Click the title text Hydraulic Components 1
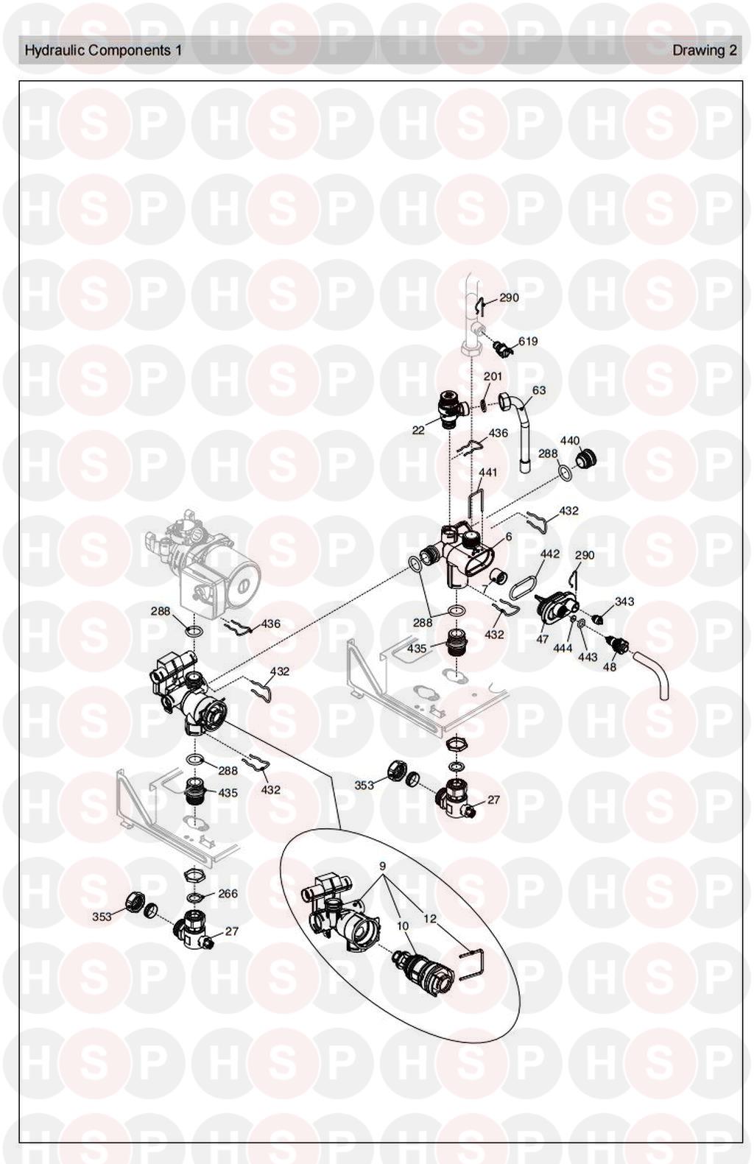[103, 50]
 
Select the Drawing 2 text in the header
[704, 50]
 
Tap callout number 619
[528, 342]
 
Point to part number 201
[493, 376]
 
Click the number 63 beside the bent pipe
[540, 389]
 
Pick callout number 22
[418, 430]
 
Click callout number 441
[487, 473]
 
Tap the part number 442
[550, 554]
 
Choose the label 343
[624, 602]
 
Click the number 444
[563, 648]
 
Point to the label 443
[588, 657]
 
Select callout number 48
[609, 666]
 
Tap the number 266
[228, 893]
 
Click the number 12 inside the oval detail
[430, 919]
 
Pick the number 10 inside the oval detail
[402, 926]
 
